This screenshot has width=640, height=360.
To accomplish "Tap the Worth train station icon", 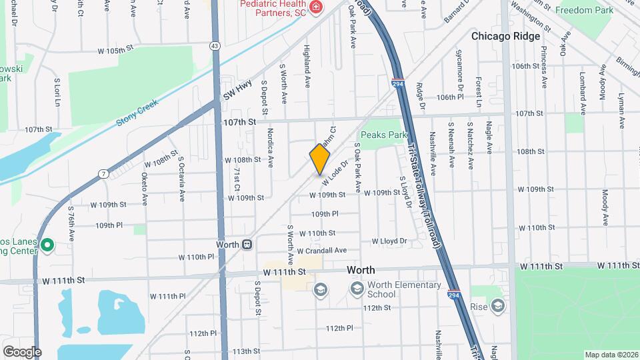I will pos(247,245).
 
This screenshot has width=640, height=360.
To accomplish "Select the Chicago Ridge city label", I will pos(505,37).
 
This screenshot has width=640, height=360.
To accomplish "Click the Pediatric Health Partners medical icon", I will pos(316,9).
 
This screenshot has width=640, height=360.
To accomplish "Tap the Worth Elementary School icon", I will pos(357,289).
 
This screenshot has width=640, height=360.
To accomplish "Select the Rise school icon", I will pos(497,306).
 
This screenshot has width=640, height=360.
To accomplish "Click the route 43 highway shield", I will pos(215,45).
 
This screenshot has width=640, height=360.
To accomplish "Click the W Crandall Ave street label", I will pos(322,251).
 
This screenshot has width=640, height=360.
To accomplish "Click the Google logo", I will pos(22,352).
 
